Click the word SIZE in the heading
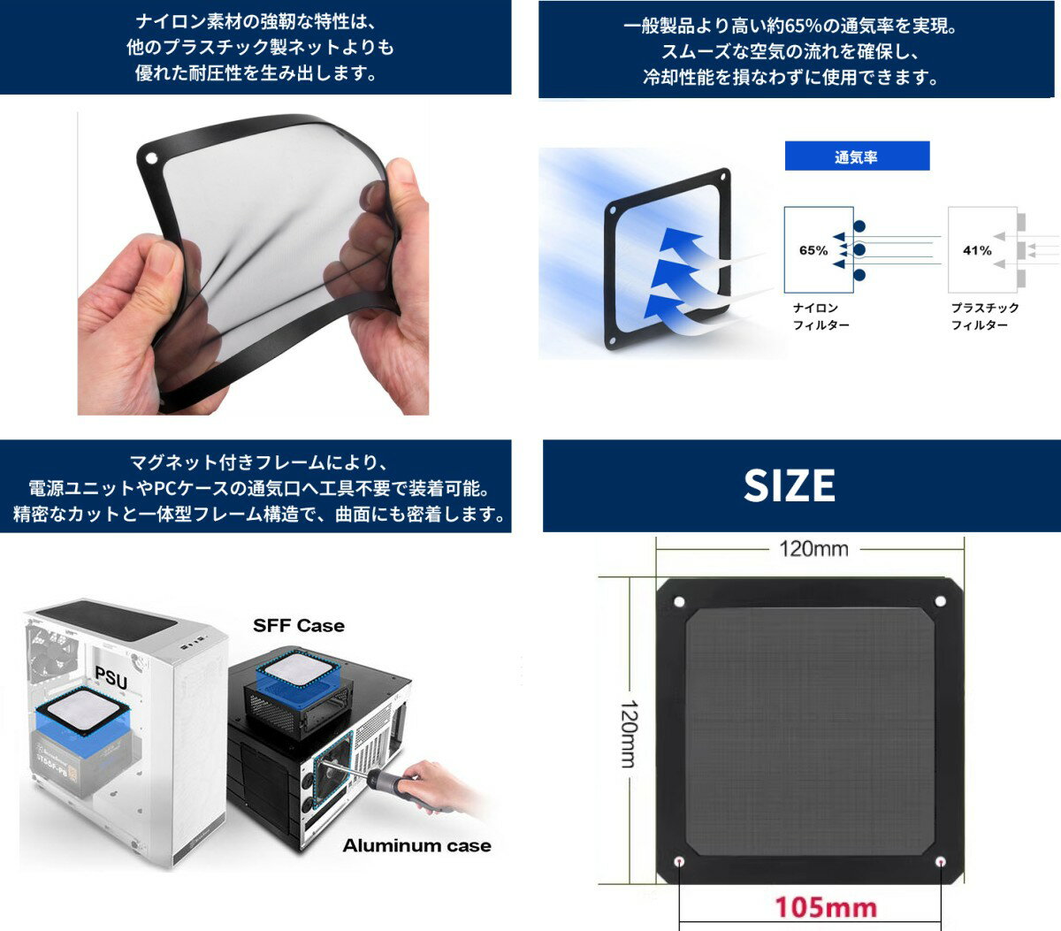point(790,485)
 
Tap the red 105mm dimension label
point(825,907)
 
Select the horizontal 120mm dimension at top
point(813,549)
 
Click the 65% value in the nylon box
point(813,250)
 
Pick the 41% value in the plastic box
point(977,250)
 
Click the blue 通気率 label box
point(857,156)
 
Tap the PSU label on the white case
point(111,678)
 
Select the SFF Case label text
point(299,626)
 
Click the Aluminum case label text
point(416,846)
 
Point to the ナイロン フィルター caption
point(821,317)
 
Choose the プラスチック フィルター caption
point(985,317)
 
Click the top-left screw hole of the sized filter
point(679,602)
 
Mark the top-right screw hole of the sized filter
point(940,602)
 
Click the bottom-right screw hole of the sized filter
point(940,862)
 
